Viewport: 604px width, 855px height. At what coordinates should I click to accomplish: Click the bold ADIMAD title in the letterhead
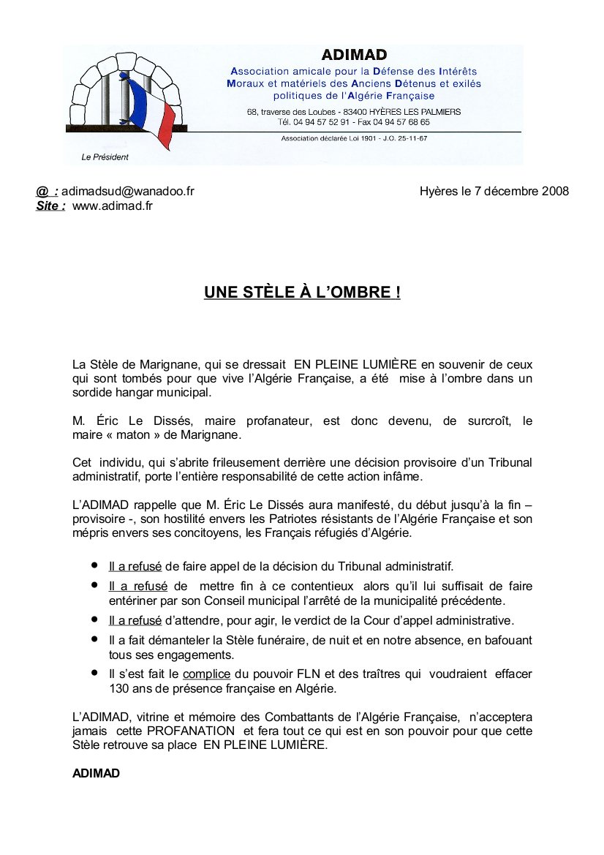tap(354, 55)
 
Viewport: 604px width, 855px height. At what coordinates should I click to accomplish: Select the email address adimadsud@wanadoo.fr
tap(128, 192)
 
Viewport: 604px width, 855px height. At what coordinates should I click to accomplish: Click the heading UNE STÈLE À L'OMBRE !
tap(302, 293)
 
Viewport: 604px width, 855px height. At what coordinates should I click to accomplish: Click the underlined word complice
tap(206, 674)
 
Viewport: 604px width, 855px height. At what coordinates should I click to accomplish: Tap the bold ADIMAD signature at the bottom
tap(96, 773)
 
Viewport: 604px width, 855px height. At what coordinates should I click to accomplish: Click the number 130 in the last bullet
tap(118, 688)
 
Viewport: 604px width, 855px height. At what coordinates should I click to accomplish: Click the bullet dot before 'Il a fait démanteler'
tap(94, 639)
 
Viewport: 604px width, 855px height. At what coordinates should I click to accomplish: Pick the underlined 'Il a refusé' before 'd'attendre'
tap(135, 621)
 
